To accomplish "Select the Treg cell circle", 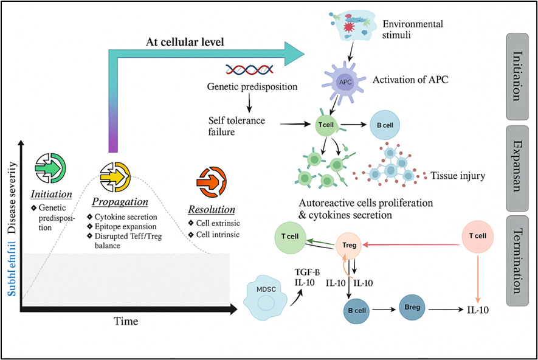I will [350, 246].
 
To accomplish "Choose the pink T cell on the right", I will [477, 237].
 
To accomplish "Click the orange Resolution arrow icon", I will [212, 181].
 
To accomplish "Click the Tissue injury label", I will [457, 176].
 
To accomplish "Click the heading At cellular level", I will [185, 42].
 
